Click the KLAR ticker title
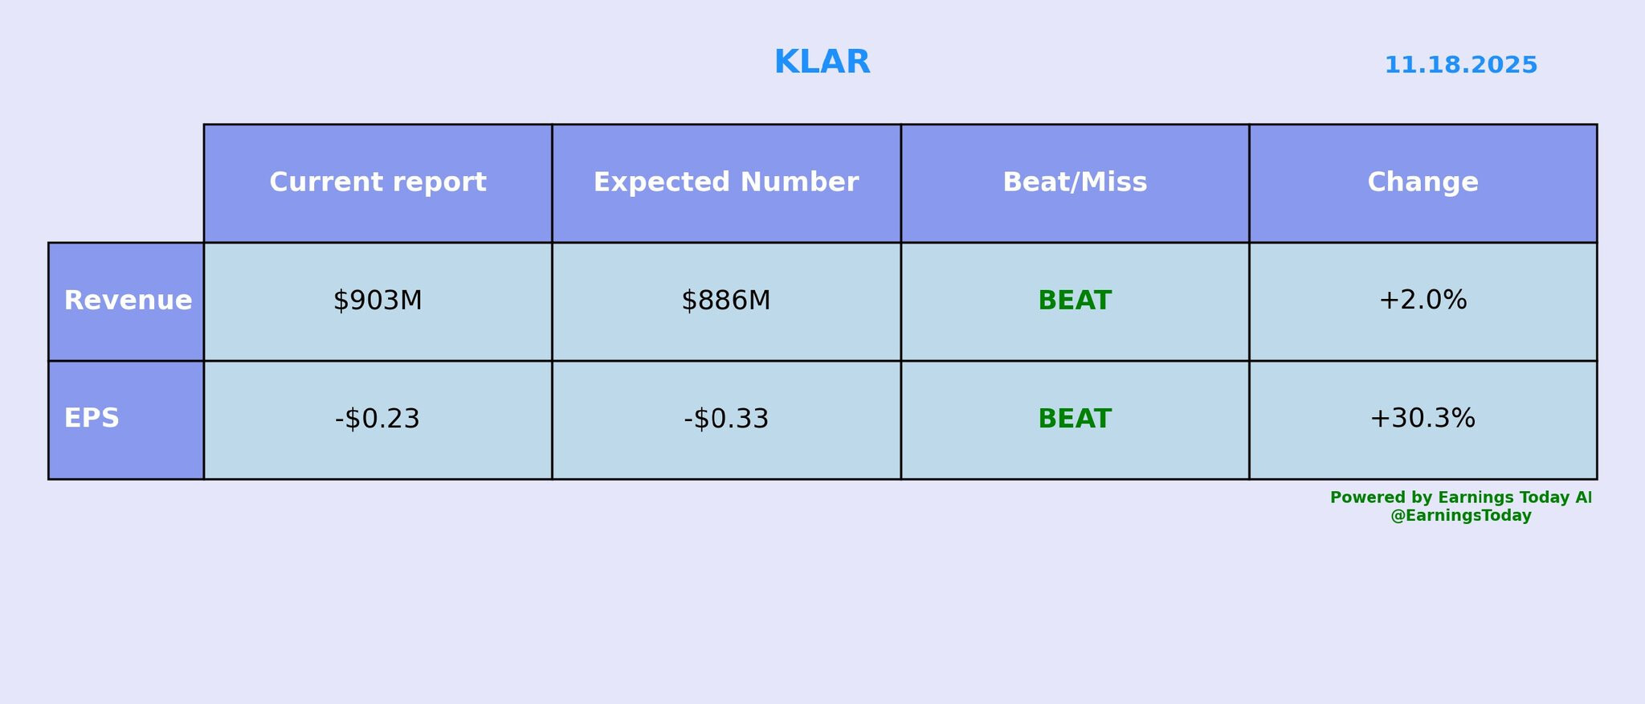822,63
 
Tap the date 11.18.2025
1460,65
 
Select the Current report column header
378,182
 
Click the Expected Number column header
726,182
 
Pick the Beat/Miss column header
1075,182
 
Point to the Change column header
1423,182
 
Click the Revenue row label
128,301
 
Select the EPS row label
92,419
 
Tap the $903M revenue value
378,301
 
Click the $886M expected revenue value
726,301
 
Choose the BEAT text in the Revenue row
1075,301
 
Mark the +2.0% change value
1423,301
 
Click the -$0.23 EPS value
378,419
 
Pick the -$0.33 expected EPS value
726,419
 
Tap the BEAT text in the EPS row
1075,419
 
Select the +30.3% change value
1423,419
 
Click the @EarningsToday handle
1460,516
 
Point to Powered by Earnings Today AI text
1460,497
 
